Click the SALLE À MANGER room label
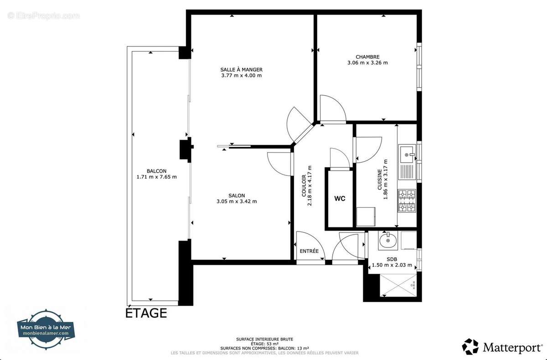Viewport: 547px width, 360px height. [x=241, y=69]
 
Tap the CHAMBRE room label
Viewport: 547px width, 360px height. [x=367, y=57]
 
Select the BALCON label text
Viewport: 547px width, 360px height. [x=156, y=171]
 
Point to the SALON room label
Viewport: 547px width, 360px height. [x=237, y=195]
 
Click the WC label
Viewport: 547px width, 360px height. [x=340, y=199]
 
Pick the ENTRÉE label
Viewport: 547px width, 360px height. [x=309, y=251]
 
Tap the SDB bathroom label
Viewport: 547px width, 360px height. [x=392, y=259]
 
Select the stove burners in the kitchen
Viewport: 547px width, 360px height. [x=407, y=201]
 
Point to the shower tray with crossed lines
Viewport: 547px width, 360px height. [x=398, y=285]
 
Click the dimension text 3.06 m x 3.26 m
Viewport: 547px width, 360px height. [x=367, y=63]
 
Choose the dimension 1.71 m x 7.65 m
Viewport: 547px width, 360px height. [x=156, y=177]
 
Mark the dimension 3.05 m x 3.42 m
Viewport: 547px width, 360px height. [x=237, y=201]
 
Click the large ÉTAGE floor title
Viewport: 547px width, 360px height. [x=146, y=313]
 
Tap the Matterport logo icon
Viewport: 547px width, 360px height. [x=470, y=347]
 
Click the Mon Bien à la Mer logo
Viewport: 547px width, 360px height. [x=46, y=329]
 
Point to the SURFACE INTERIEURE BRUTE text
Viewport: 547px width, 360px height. [x=264, y=339]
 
